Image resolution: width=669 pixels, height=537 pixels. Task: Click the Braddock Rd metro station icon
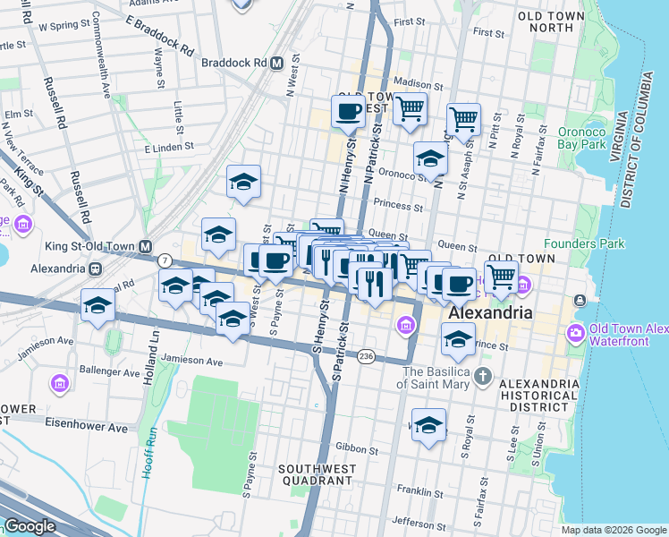pos(277,64)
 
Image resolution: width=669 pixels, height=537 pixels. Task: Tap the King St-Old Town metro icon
pos(144,246)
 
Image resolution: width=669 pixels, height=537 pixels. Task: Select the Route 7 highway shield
pos(165,260)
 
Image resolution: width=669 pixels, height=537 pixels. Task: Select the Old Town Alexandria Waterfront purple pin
pos(575,333)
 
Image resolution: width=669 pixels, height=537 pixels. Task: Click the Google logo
pos(30,525)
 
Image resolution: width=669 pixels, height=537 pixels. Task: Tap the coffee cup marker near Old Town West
pos(348,113)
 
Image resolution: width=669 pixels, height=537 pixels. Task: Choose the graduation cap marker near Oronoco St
pos(431,158)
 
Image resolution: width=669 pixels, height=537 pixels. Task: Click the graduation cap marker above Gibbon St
pos(428,425)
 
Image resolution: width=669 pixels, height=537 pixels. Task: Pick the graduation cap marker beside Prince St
pos(458,339)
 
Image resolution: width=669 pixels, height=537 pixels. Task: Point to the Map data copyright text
pos(614,530)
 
